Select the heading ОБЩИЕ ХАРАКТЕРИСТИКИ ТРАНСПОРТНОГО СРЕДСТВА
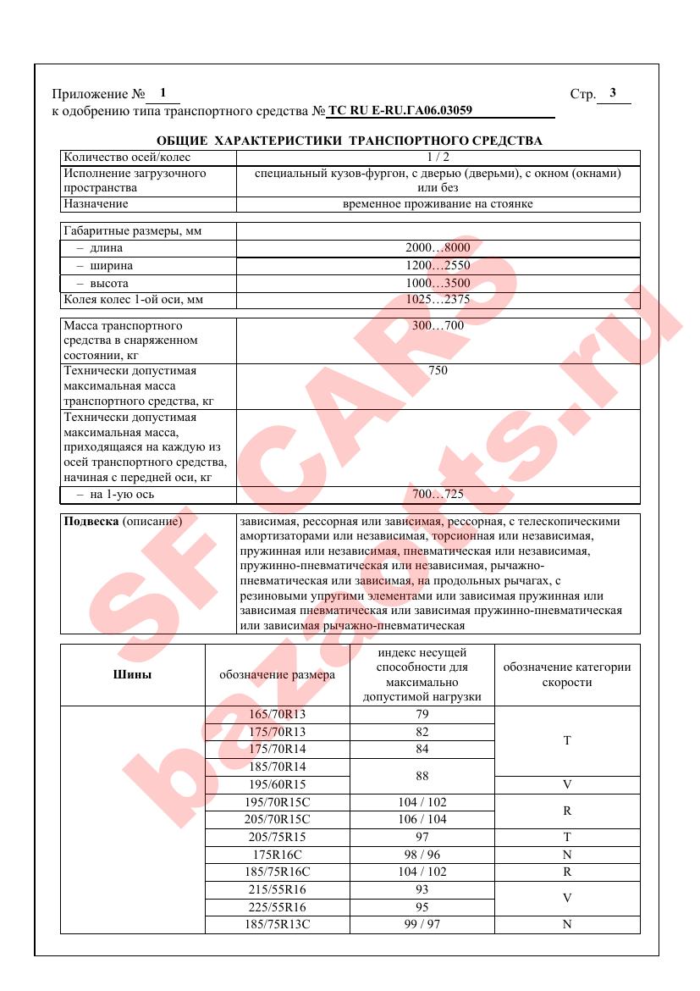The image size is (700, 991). point(350,141)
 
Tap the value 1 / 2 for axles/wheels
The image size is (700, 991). point(438,157)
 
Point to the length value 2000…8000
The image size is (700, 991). point(438,248)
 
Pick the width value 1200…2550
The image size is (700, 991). point(438,266)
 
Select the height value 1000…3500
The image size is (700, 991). point(438,283)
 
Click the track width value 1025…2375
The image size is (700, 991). point(438,300)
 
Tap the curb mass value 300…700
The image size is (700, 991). point(438,325)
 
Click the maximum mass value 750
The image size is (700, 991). point(438,371)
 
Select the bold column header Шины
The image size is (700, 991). point(132,675)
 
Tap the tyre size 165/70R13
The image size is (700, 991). point(278,714)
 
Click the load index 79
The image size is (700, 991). point(422,714)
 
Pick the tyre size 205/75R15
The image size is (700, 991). point(278,837)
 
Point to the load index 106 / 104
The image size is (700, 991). point(422,819)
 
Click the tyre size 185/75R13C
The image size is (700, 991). point(278,924)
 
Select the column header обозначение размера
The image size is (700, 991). point(278,675)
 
